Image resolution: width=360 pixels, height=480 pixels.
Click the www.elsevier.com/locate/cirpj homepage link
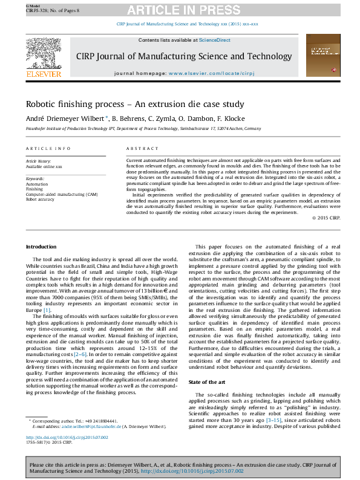(x=211, y=73)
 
